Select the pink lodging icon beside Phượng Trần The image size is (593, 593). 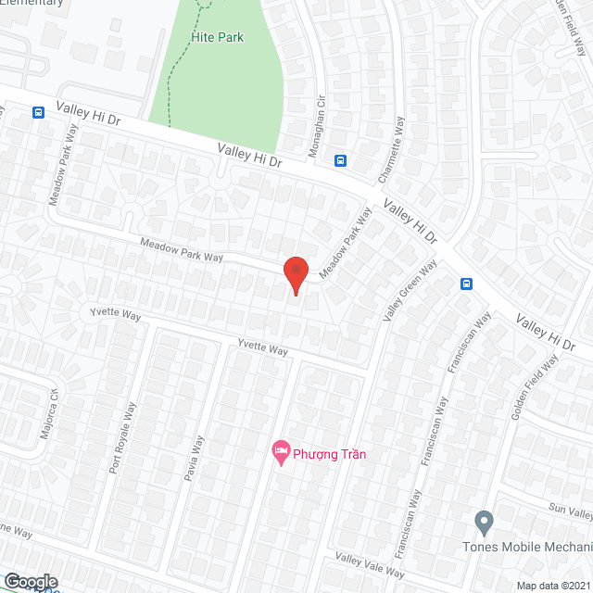click(x=279, y=452)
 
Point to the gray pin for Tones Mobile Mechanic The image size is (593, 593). click(x=483, y=523)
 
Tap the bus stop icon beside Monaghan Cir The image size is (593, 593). click(x=341, y=159)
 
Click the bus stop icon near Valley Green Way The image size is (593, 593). click(x=467, y=284)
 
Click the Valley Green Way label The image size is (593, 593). click(x=409, y=292)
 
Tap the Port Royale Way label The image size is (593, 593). click(x=122, y=438)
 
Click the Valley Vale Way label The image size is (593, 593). click(x=369, y=566)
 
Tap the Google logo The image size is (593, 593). click(x=30, y=581)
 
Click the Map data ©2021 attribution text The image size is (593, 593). click(x=552, y=586)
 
